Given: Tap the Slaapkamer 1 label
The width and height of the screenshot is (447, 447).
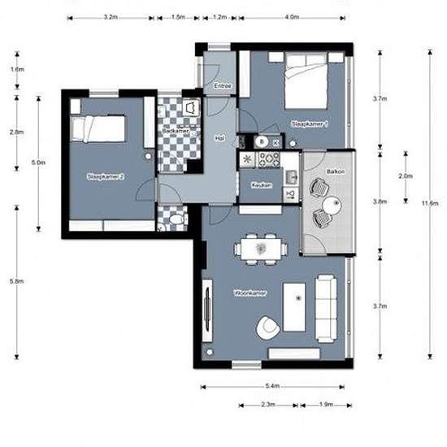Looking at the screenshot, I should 309,124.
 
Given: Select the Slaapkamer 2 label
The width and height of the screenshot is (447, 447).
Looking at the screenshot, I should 105,176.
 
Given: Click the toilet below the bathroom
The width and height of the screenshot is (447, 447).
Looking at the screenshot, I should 176,218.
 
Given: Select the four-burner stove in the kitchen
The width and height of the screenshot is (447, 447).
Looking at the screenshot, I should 270,158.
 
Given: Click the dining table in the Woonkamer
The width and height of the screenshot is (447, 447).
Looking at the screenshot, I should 260,247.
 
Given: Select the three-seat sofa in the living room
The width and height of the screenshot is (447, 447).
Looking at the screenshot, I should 327,308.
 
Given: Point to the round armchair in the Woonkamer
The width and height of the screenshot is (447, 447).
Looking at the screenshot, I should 267,328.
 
